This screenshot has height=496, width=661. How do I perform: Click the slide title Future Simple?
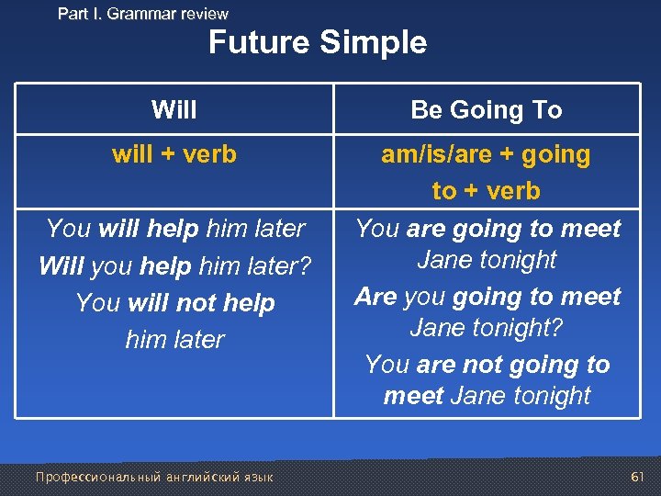click(318, 43)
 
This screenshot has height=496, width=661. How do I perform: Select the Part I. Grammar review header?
click(143, 14)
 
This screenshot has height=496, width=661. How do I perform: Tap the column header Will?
click(174, 110)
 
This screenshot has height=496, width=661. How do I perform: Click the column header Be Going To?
click(487, 110)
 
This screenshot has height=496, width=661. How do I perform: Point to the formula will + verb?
click(174, 154)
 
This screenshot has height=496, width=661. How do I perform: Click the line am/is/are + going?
click(487, 154)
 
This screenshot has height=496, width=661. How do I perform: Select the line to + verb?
click(487, 191)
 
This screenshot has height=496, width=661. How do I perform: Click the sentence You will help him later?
click(174, 228)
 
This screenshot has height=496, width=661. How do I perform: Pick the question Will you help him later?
click(174, 265)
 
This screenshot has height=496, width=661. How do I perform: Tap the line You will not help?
click(174, 302)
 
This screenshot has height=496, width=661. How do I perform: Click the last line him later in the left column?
click(174, 339)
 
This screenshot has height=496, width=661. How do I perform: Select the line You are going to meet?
click(487, 228)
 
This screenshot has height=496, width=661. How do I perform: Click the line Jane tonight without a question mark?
click(487, 260)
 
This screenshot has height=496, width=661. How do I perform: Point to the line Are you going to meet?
click(487, 297)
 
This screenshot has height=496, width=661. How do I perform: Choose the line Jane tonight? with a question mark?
click(487, 328)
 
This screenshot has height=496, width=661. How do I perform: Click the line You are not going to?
click(487, 365)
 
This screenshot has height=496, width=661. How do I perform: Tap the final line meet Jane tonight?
click(487, 396)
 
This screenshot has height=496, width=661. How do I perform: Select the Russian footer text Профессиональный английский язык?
click(154, 477)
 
